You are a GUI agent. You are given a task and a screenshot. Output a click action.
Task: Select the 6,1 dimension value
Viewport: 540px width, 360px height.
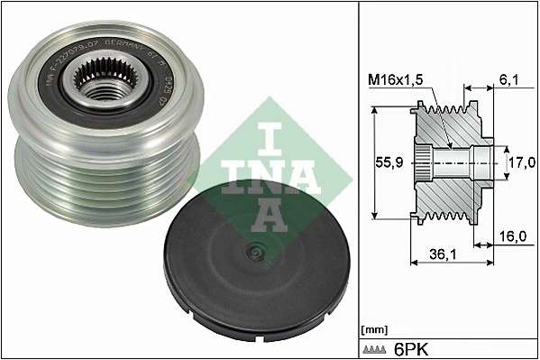tap(508, 80)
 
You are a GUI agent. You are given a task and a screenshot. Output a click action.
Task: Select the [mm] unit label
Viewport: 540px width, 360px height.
tap(372, 328)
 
